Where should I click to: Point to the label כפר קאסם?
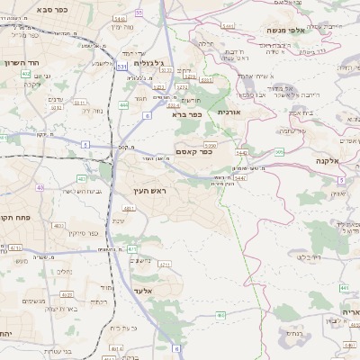tap(193, 152)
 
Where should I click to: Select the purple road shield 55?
tap(139, 13)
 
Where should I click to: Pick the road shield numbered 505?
tap(279, 152)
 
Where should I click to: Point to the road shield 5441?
tap(228, 27)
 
